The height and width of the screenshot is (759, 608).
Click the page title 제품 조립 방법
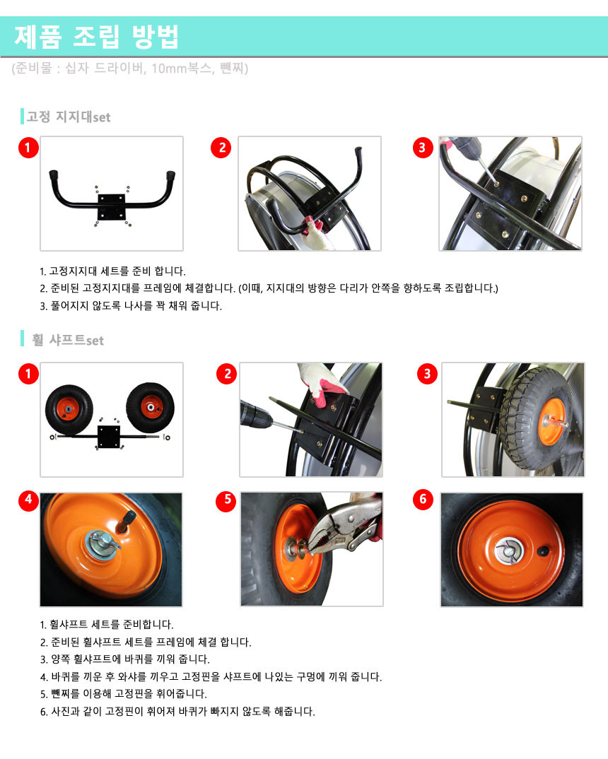pos(97,37)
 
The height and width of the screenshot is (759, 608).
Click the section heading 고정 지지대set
pos(69,117)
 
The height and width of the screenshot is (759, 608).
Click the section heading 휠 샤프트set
pos(68,340)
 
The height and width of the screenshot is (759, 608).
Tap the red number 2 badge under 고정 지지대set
pos(221,147)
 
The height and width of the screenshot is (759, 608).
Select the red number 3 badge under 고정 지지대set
pos(423,147)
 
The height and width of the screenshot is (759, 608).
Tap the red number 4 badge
pos(28,500)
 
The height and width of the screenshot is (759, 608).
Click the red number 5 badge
pos(226,500)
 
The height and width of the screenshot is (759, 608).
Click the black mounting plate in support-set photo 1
pos(111,207)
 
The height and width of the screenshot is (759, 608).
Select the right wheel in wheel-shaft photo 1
pos(151,408)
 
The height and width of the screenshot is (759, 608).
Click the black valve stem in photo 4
pos(128,520)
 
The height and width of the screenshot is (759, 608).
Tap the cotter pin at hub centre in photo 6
pos(506,551)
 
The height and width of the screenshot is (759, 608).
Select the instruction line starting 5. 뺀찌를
pos(124,694)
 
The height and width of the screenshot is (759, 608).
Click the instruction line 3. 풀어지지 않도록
pos(131,306)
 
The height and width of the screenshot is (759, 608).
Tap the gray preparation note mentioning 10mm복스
pos(130,69)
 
